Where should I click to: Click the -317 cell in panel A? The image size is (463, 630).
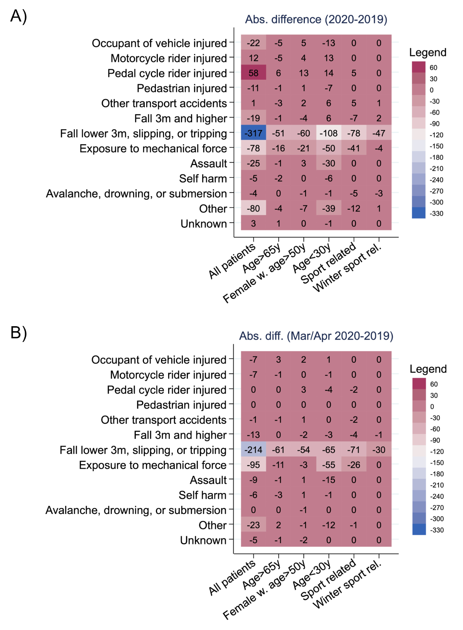click(253, 133)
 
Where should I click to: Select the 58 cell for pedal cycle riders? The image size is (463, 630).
click(253, 73)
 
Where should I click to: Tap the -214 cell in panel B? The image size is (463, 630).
click(253, 450)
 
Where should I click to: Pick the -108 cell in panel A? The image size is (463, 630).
click(329, 133)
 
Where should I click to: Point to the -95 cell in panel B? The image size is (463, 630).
click(253, 465)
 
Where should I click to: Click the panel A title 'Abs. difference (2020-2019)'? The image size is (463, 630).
click(316, 19)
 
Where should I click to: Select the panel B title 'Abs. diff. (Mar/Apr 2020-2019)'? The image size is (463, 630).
click(316, 336)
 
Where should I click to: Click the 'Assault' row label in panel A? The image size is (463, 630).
click(208, 163)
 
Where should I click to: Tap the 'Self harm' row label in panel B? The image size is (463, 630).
click(202, 495)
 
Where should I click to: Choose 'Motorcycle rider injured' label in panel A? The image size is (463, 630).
click(169, 58)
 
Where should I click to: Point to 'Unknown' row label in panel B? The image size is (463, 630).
click(203, 540)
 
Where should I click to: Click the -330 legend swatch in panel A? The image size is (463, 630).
click(419, 213)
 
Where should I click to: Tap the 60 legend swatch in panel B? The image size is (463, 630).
click(419, 384)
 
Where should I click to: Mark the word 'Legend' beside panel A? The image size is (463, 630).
click(428, 52)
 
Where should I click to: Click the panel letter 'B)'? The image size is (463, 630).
click(19, 332)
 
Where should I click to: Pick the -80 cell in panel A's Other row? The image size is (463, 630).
click(253, 209)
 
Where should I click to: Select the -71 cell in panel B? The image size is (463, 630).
click(354, 450)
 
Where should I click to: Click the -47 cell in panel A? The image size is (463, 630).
click(379, 133)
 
